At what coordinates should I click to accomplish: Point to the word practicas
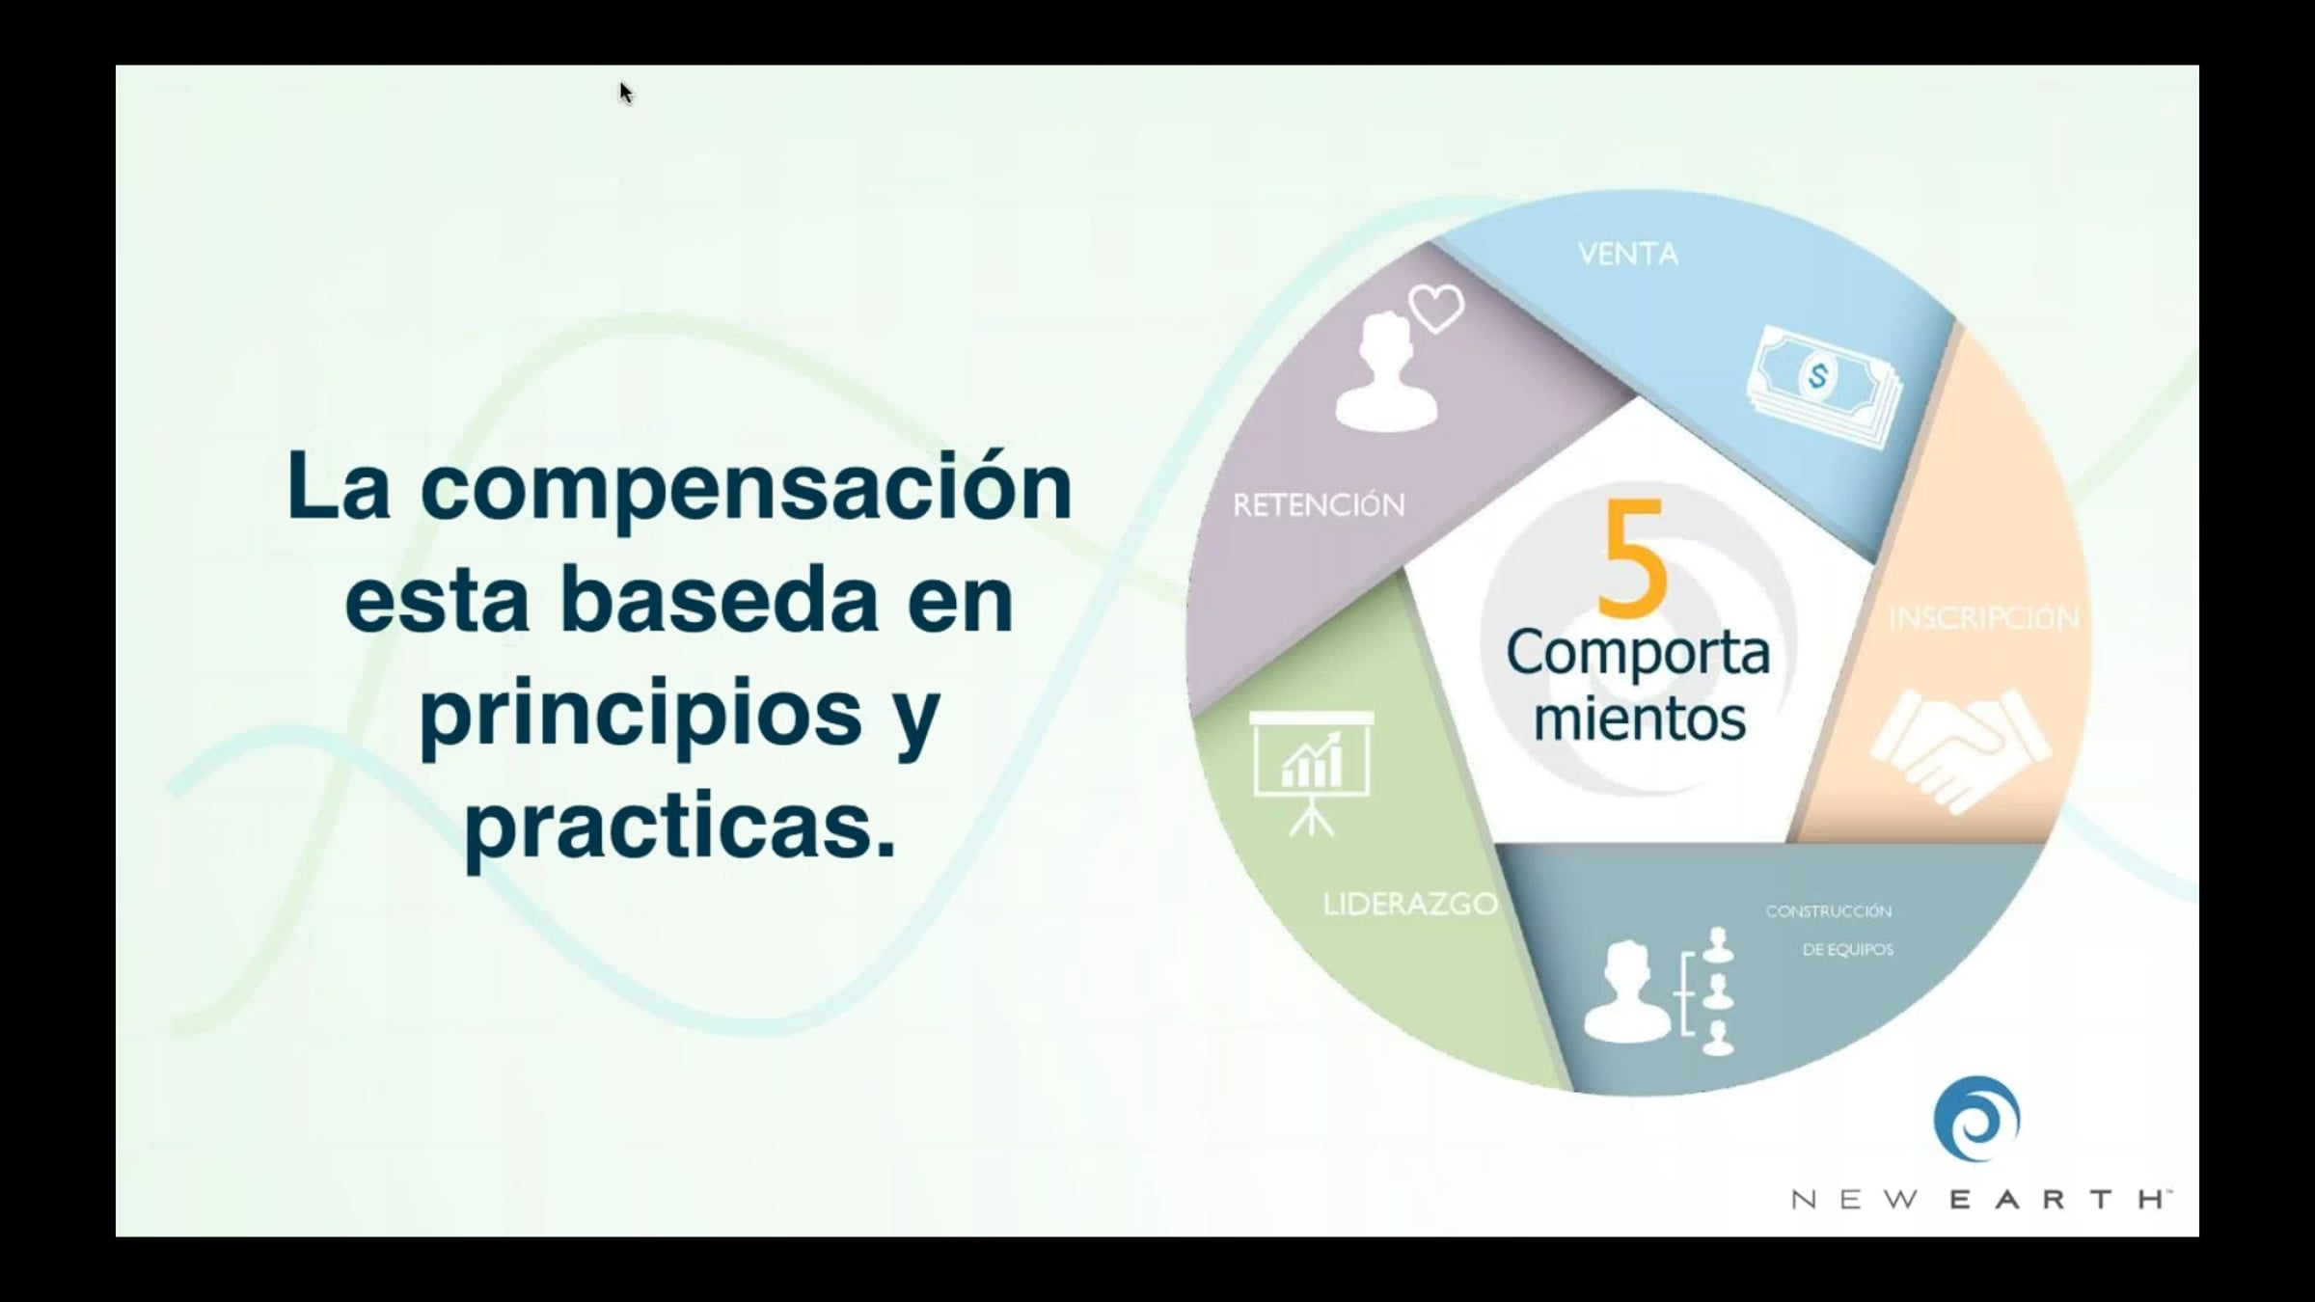pos(680,826)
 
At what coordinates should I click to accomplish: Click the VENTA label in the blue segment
pos(1628,255)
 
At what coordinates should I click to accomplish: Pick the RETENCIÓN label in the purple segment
pos(1319,504)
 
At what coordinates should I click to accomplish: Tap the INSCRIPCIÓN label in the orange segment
pos(1983,618)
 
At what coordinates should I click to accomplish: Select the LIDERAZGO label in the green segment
pos(1410,905)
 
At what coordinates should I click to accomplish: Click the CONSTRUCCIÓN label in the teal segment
pos(1829,911)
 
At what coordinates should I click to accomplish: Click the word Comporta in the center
pos(1638,654)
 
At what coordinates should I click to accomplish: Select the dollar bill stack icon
pos(1824,386)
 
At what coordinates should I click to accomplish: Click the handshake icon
pos(1960,750)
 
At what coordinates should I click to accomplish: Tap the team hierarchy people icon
pos(1659,990)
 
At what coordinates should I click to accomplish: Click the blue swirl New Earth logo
pos(1976,1120)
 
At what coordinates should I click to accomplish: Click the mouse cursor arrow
pos(626,93)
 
